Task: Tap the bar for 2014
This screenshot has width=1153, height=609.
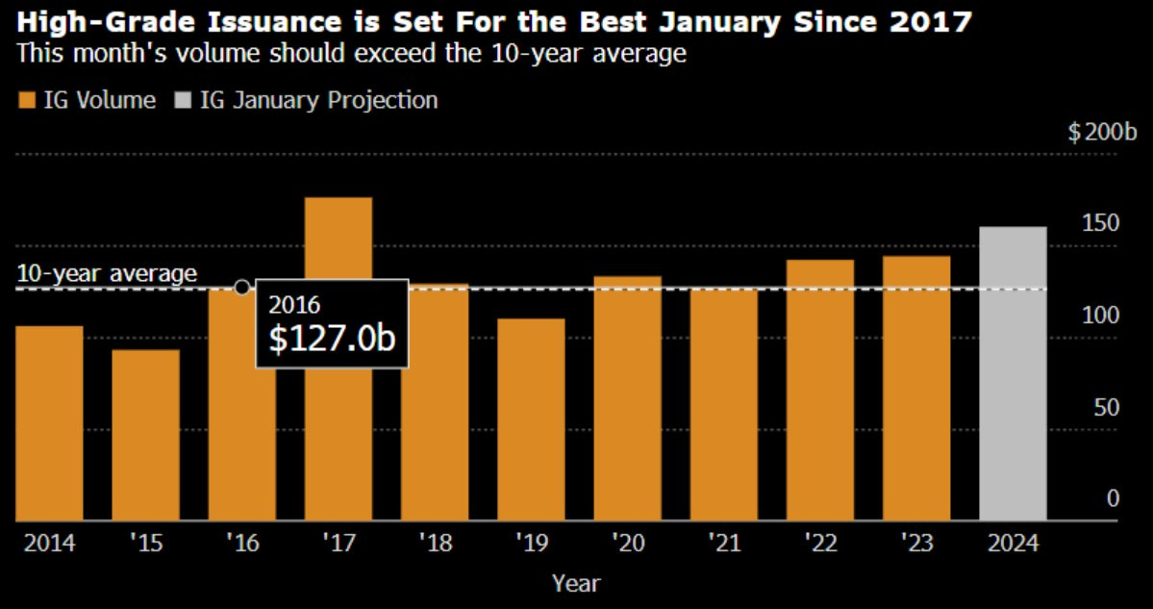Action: pos(49,423)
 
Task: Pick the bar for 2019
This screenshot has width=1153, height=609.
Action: pos(531,419)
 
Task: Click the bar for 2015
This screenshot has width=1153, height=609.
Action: pos(145,435)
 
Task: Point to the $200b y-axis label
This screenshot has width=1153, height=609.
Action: pos(1102,132)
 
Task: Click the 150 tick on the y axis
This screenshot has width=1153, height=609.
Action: pos(1107,223)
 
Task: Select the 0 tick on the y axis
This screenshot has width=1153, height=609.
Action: pos(1114,498)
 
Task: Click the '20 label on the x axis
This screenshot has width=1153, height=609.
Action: pos(627,544)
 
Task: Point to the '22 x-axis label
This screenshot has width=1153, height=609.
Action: pos(820,544)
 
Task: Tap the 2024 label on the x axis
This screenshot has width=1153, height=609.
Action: pos(1013,544)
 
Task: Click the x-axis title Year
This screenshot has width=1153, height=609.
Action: pos(576,583)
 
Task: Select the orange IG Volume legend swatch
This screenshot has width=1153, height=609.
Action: pos(26,100)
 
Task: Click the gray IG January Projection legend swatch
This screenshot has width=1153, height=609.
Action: pos(182,100)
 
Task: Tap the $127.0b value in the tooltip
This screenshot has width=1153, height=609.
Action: pos(332,339)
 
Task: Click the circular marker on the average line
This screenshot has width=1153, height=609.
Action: pos(241,287)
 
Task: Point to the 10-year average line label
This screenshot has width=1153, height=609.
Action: pos(107,273)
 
